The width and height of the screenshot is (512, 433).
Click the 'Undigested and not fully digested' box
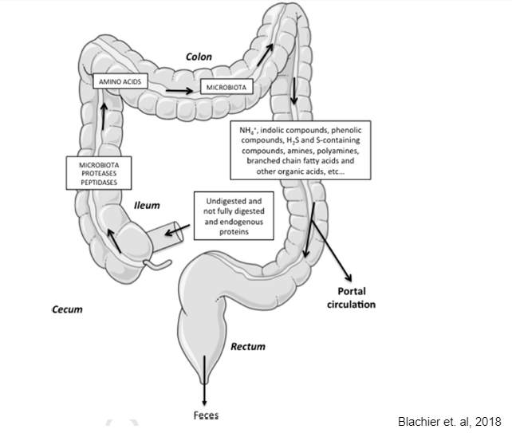234,215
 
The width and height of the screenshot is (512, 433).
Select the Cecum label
64,309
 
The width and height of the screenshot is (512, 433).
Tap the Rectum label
247,347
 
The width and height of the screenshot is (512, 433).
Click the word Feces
205,415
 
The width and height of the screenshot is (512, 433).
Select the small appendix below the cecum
155,262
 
